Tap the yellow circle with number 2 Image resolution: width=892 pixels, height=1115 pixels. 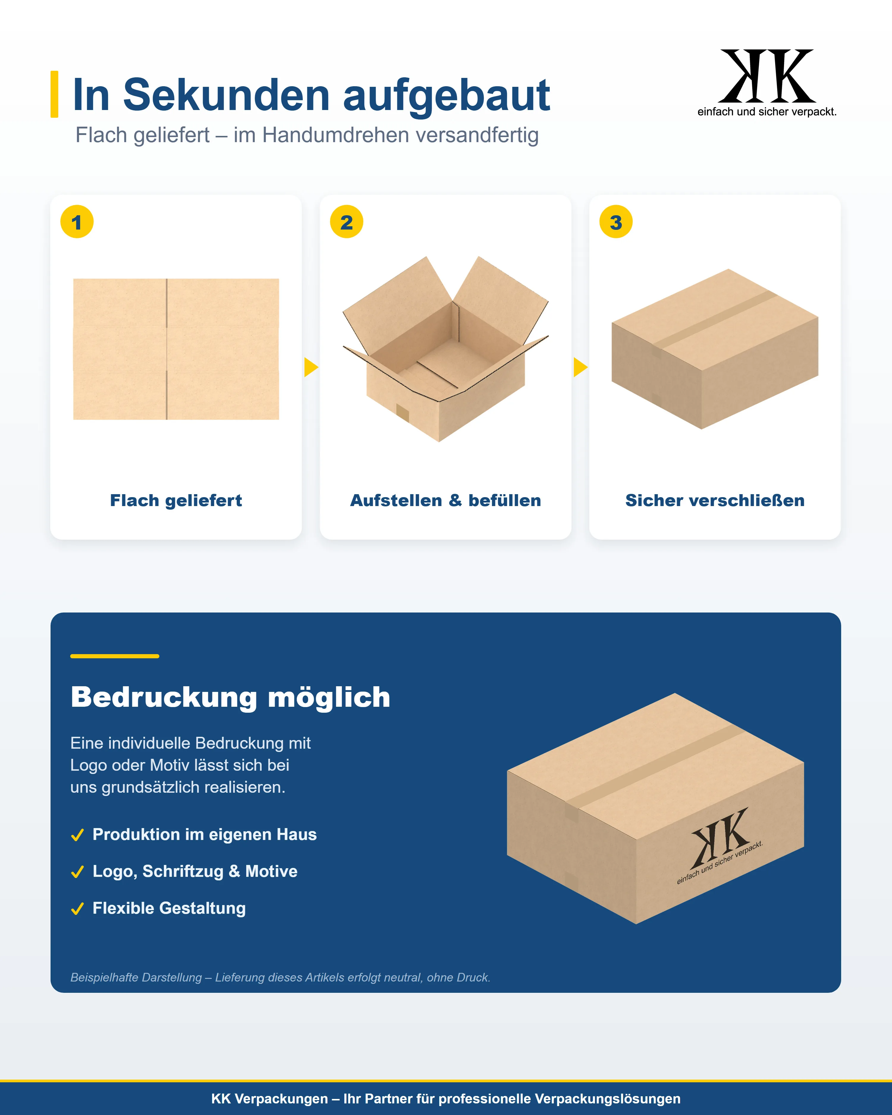(x=346, y=222)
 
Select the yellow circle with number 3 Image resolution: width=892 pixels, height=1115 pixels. (x=616, y=222)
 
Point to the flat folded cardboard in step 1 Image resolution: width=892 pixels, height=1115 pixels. (x=176, y=349)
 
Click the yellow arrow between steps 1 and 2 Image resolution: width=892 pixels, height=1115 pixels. (x=311, y=367)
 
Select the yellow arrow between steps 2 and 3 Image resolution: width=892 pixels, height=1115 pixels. (x=580, y=367)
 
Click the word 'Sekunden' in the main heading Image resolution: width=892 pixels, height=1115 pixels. (x=227, y=95)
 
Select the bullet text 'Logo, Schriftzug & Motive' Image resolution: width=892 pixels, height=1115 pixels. (x=195, y=871)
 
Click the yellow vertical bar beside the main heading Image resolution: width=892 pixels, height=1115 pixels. (x=54, y=94)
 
